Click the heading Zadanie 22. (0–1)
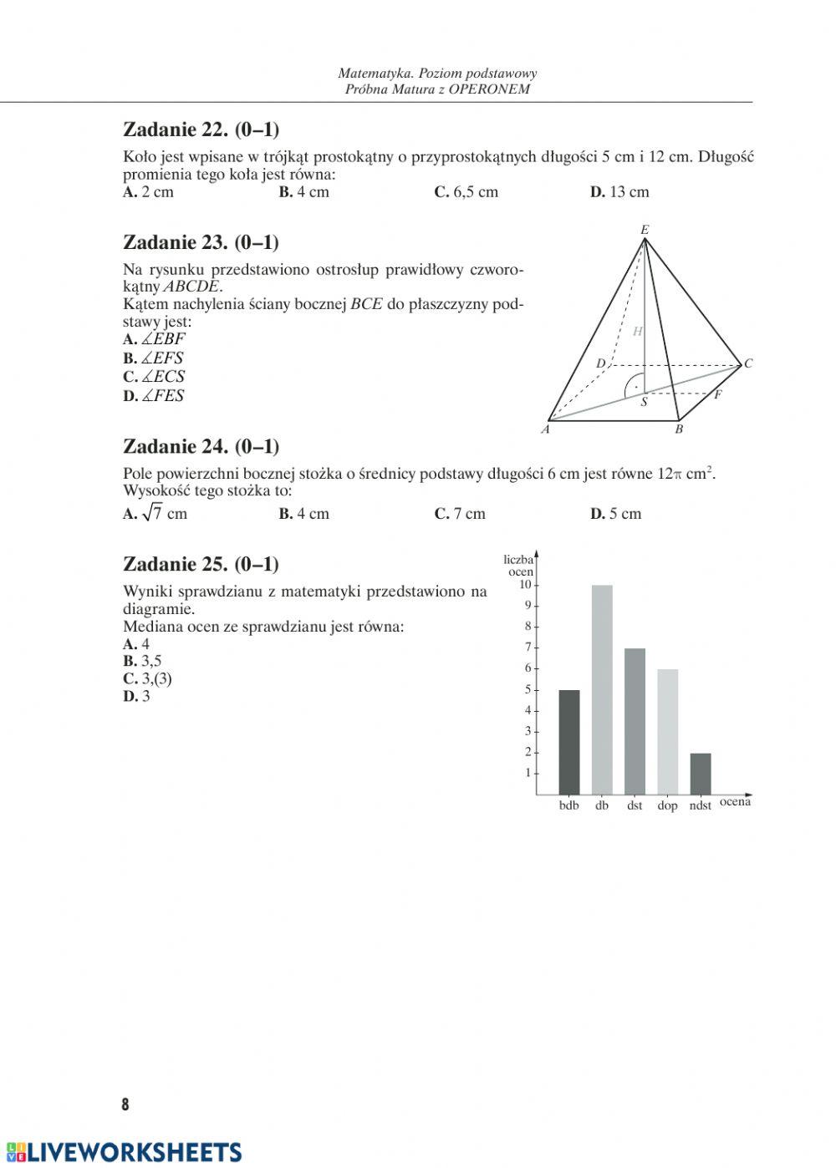pos(201,129)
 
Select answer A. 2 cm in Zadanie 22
pos(148,192)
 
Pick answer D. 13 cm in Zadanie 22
pos(619,192)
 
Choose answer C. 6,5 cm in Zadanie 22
pos(466,192)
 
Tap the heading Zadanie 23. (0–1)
pos(201,242)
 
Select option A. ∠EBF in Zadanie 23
pos(154,339)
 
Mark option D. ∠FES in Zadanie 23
pos(153,396)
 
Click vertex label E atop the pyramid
pos(645,229)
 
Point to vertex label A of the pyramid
pos(545,430)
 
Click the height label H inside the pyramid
pos(637,332)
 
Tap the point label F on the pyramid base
pos(717,395)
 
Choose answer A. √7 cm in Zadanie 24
pos(155,514)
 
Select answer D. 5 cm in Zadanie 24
pos(615,514)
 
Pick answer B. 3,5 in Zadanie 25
pos(142,662)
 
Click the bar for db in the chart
pos(602,689)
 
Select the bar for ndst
pos(701,774)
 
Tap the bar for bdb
pos(569,742)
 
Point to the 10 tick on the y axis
pos(526,585)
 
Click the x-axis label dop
pos(667,806)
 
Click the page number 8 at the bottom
pos(125,1105)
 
